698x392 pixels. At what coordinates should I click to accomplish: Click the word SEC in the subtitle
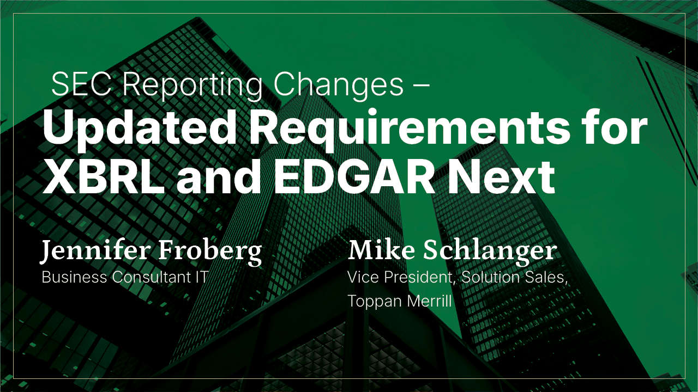[81, 84]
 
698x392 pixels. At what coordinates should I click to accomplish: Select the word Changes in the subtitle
[338, 87]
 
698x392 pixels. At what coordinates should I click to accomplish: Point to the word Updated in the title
[140, 130]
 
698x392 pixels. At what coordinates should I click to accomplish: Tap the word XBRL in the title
[104, 178]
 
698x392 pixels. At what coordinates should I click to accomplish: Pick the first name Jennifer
[94, 252]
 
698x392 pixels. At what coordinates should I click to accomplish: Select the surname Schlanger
[490, 253]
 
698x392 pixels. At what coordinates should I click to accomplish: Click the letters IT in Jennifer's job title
[202, 277]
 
